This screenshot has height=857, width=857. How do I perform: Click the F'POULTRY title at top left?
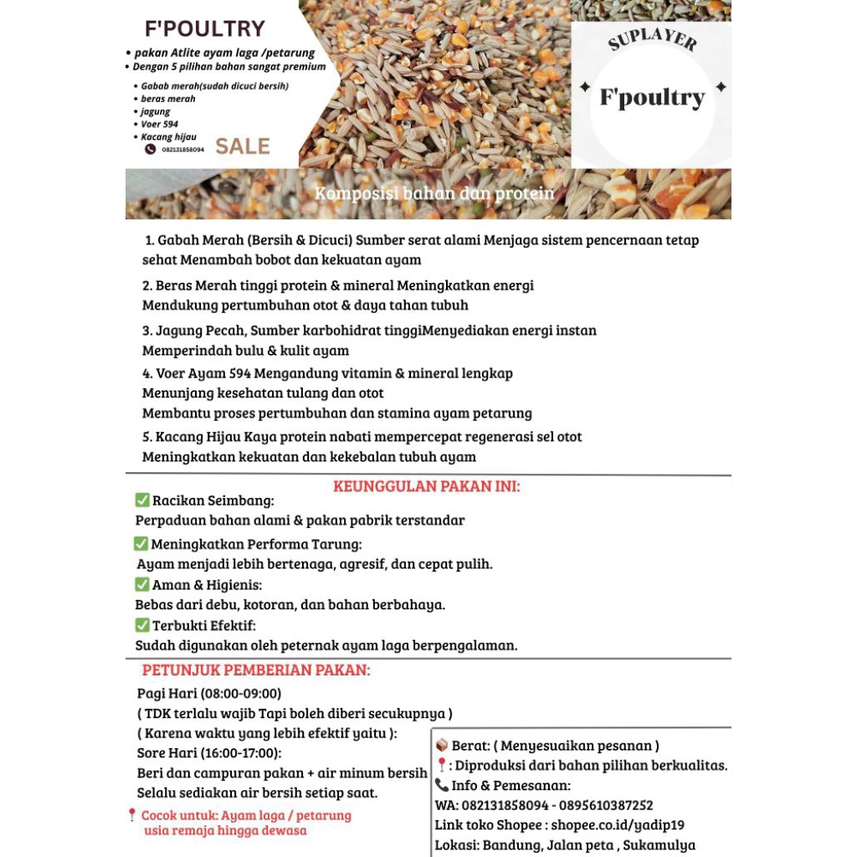(205, 28)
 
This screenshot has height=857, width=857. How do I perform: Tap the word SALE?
(243, 146)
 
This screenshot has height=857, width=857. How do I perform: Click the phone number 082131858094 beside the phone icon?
(183, 150)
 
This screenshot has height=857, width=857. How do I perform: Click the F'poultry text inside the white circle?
(652, 97)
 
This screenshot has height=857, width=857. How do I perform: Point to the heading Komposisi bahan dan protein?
(434, 194)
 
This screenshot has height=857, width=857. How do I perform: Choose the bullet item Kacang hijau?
(168, 136)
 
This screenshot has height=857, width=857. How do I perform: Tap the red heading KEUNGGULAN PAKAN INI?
(427, 486)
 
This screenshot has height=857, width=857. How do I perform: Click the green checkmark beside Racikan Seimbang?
(142, 500)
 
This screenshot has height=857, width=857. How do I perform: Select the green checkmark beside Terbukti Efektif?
(142, 625)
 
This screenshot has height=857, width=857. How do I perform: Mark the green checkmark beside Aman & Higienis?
(142, 584)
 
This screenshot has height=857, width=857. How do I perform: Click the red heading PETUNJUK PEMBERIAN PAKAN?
(256, 670)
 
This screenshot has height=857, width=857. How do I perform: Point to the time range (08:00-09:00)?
(240, 693)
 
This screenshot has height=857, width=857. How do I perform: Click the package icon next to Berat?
(442, 746)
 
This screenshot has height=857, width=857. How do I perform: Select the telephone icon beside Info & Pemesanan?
(442, 785)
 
